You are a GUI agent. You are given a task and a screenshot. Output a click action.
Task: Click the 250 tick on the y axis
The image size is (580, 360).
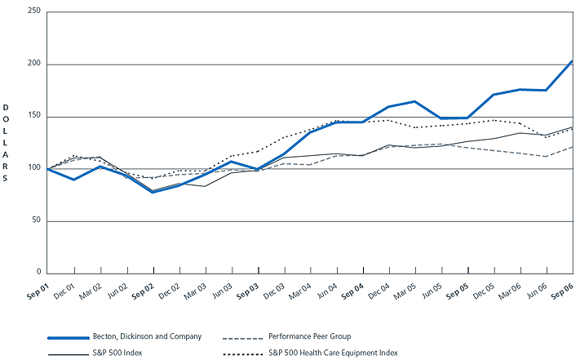tap(33, 12)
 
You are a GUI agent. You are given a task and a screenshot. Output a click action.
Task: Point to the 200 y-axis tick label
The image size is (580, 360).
tap(33, 64)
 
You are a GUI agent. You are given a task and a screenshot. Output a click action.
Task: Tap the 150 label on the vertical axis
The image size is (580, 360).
tap(33, 117)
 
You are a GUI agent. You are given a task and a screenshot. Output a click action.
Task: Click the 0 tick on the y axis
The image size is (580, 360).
tap(38, 273)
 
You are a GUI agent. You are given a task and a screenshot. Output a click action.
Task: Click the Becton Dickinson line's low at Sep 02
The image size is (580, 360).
tap(153, 192)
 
